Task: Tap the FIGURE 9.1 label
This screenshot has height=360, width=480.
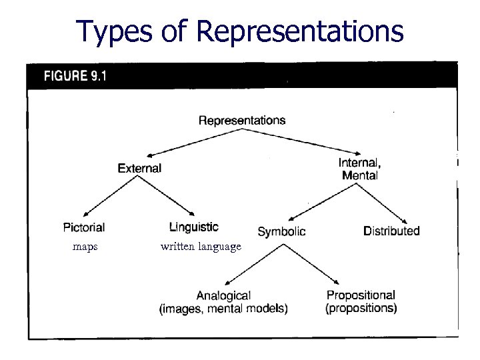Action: (75, 75)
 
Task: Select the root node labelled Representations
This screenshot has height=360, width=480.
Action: (242, 121)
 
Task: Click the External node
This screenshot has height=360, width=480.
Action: (139, 168)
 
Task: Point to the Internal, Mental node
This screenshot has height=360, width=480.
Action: (360, 169)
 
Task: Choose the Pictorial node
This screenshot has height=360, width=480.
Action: (83, 228)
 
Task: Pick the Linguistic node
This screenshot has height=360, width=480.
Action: (193, 228)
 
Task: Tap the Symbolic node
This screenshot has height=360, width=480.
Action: (281, 232)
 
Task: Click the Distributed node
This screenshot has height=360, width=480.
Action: (391, 231)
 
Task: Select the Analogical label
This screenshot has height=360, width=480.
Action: (223, 295)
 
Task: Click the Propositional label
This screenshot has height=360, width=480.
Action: (361, 295)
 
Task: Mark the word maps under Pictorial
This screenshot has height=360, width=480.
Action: (85, 247)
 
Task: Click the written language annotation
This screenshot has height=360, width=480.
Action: (201, 247)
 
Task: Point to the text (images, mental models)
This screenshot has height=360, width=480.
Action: (223, 308)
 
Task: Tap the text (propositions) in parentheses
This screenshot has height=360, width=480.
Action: (361, 308)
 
